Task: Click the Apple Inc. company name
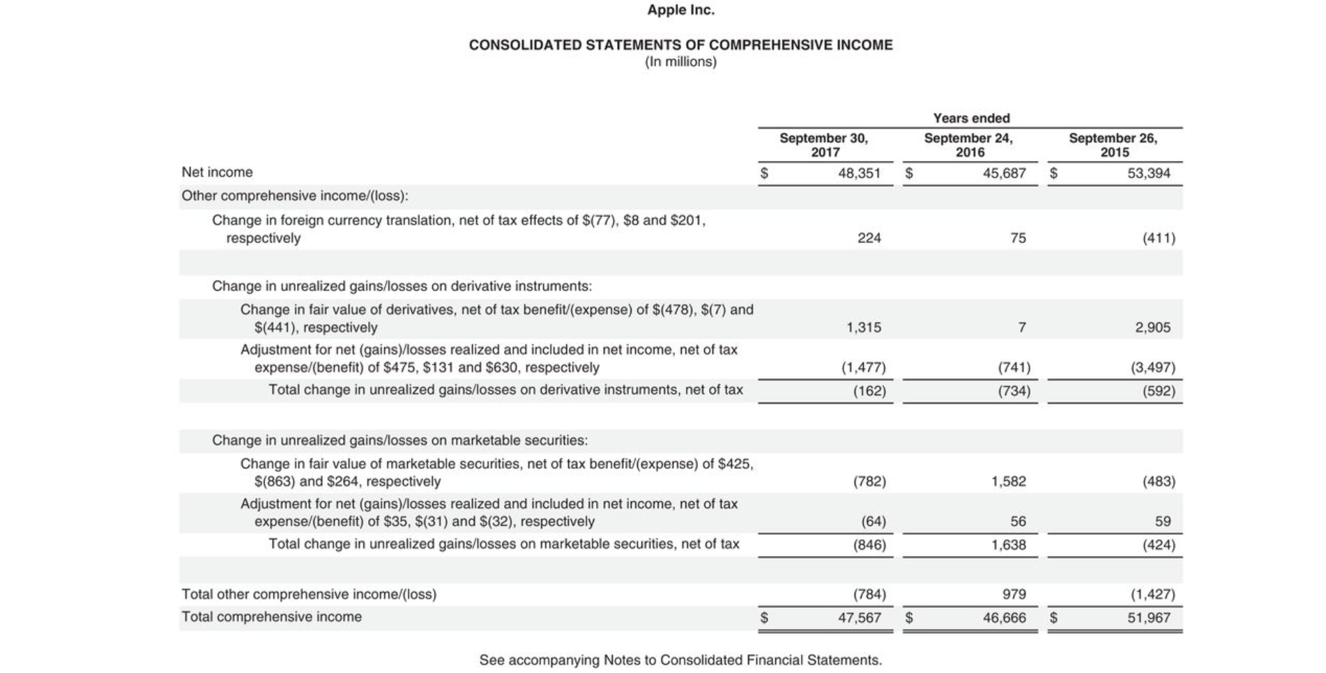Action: click(x=680, y=10)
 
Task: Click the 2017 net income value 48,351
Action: click(x=859, y=173)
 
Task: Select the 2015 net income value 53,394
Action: click(x=1148, y=173)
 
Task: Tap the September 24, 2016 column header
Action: click(x=968, y=145)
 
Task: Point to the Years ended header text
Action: click(x=971, y=118)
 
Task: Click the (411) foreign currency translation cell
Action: click(x=1158, y=238)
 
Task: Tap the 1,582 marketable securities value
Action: click(x=1008, y=481)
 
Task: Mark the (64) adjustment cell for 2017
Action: click(x=873, y=521)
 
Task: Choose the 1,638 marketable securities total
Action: click(x=1008, y=545)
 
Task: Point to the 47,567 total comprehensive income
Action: click(x=859, y=617)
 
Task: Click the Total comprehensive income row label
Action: click(x=271, y=617)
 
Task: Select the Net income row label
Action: click(x=217, y=172)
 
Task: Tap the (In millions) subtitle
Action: click(x=680, y=62)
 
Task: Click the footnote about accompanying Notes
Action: click(x=680, y=660)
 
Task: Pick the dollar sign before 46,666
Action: click(x=908, y=617)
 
